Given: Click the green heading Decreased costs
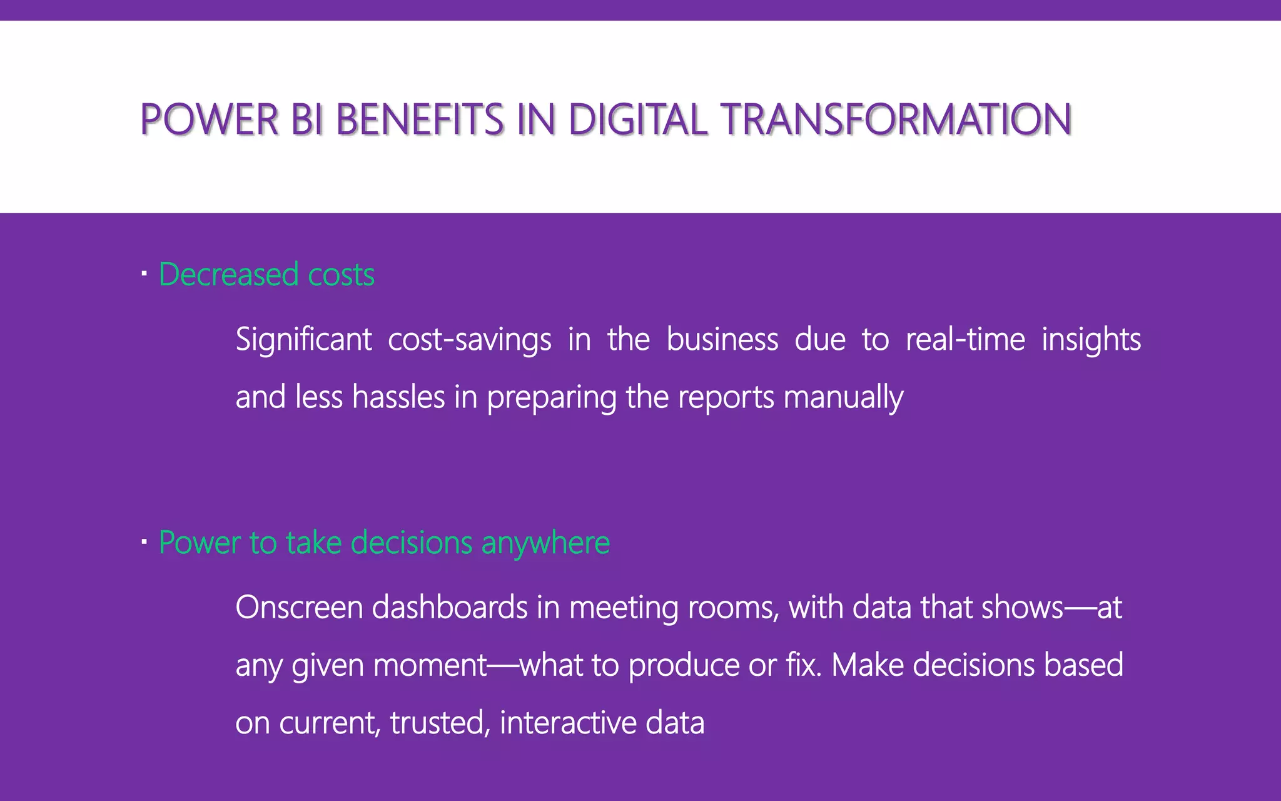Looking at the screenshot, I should point(266,275).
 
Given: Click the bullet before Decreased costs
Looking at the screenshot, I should point(144,274).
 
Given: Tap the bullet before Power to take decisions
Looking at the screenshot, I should point(144,542).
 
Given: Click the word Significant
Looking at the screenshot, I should point(303,340).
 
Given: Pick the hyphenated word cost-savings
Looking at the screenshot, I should point(469,340).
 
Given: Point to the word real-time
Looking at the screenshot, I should point(965,340).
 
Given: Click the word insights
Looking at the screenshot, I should point(1091,340).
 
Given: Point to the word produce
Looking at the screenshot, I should point(684,665).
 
